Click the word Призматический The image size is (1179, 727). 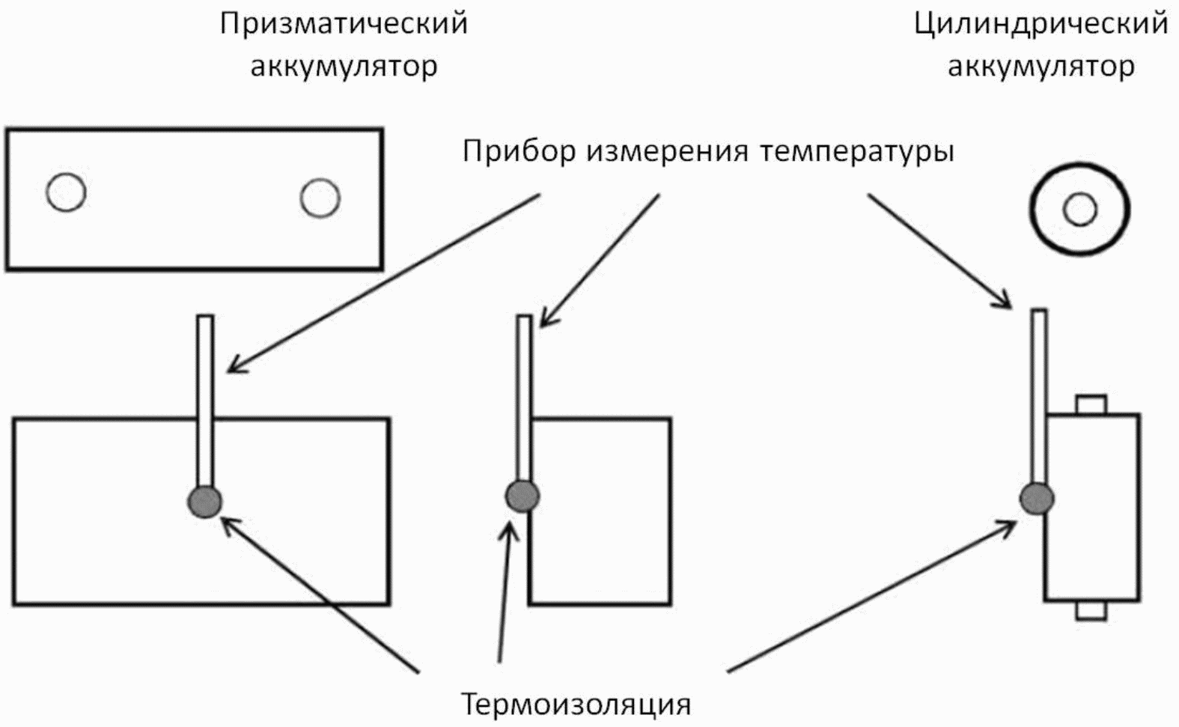tap(344, 24)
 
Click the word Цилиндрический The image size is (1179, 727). tap(1041, 24)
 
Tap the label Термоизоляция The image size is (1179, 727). tap(575, 705)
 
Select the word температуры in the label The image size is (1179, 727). tap(856, 152)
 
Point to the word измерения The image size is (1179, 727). tap(668, 152)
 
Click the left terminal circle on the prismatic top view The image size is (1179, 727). tap(66, 192)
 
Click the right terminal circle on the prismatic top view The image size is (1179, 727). tap(320, 198)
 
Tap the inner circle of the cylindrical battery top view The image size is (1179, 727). tap(1079, 209)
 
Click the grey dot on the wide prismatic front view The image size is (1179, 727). tap(204, 501)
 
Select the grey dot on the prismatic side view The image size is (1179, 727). tap(523, 495)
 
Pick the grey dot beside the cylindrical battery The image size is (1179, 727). tap(1037, 498)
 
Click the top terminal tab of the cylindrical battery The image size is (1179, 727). tap(1091, 404)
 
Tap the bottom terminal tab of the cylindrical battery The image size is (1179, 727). tap(1091, 611)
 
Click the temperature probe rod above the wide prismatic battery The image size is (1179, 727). tap(205, 397)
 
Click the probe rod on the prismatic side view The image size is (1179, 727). tap(524, 397)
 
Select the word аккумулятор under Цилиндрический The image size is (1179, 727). tap(1041, 67)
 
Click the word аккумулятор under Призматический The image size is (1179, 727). tap(344, 67)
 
